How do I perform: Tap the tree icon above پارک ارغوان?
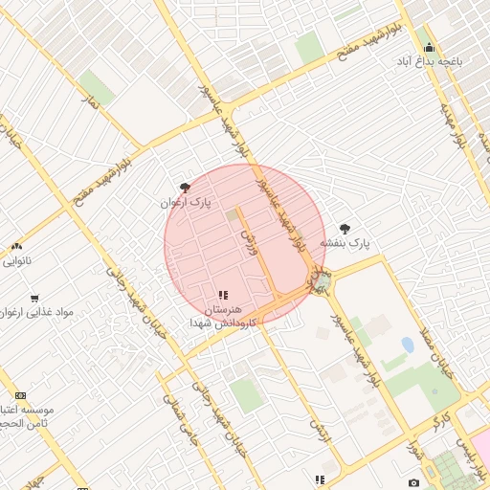(x=185, y=188)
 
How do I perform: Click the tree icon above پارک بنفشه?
(x=345, y=229)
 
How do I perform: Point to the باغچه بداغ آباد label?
(x=431, y=60)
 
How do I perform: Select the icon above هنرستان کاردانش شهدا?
(x=223, y=295)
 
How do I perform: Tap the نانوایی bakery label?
(x=16, y=260)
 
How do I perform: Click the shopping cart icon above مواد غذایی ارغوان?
(x=34, y=298)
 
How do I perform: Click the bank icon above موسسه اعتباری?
(x=21, y=395)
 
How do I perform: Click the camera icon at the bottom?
(x=413, y=482)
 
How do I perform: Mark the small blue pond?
(x=408, y=344)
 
